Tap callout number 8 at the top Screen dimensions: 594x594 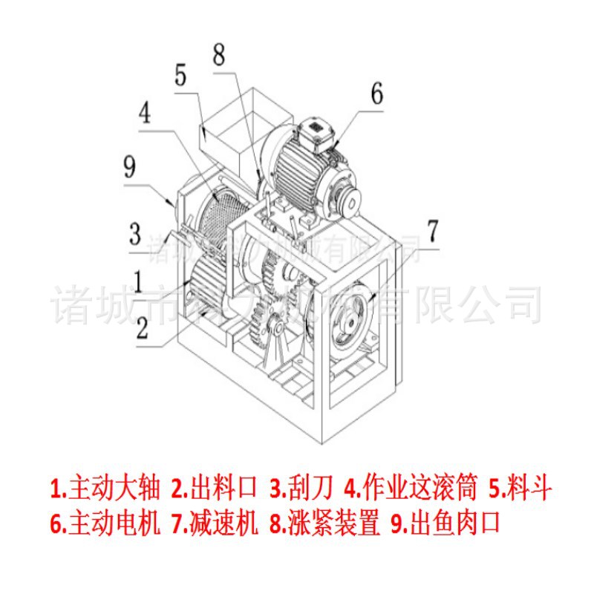click(218, 54)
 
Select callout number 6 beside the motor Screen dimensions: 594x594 click(376, 94)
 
